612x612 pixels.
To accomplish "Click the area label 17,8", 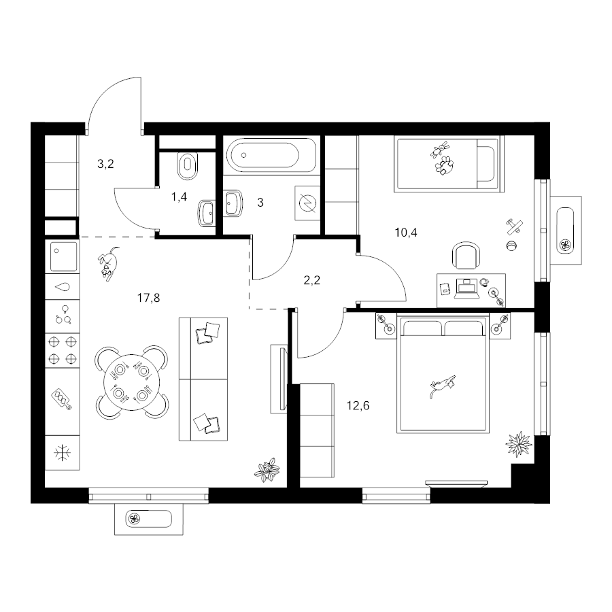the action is point(148,299).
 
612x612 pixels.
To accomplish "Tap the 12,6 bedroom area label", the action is point(358,406).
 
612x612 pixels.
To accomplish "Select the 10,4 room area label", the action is point(406,233).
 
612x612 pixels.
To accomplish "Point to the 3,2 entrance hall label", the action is point(105,164).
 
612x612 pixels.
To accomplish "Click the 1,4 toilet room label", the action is point(179,197).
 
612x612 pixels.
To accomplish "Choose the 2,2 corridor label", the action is point(312,280).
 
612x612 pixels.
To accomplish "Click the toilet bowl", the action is point(188,165).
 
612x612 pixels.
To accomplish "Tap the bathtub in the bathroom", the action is point(271,155).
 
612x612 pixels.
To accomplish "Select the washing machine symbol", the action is point(307,203).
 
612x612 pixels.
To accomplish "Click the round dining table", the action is point(131,382).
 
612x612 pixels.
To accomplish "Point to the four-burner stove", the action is point(62,350).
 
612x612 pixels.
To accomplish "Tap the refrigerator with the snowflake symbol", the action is point(62,453).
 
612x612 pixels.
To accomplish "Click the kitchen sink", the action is point(62,256).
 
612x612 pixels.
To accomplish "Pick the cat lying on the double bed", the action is point(443,386).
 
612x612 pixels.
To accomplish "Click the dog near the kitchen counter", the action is point(107,262).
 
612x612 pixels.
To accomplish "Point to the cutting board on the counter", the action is point(62,399).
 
